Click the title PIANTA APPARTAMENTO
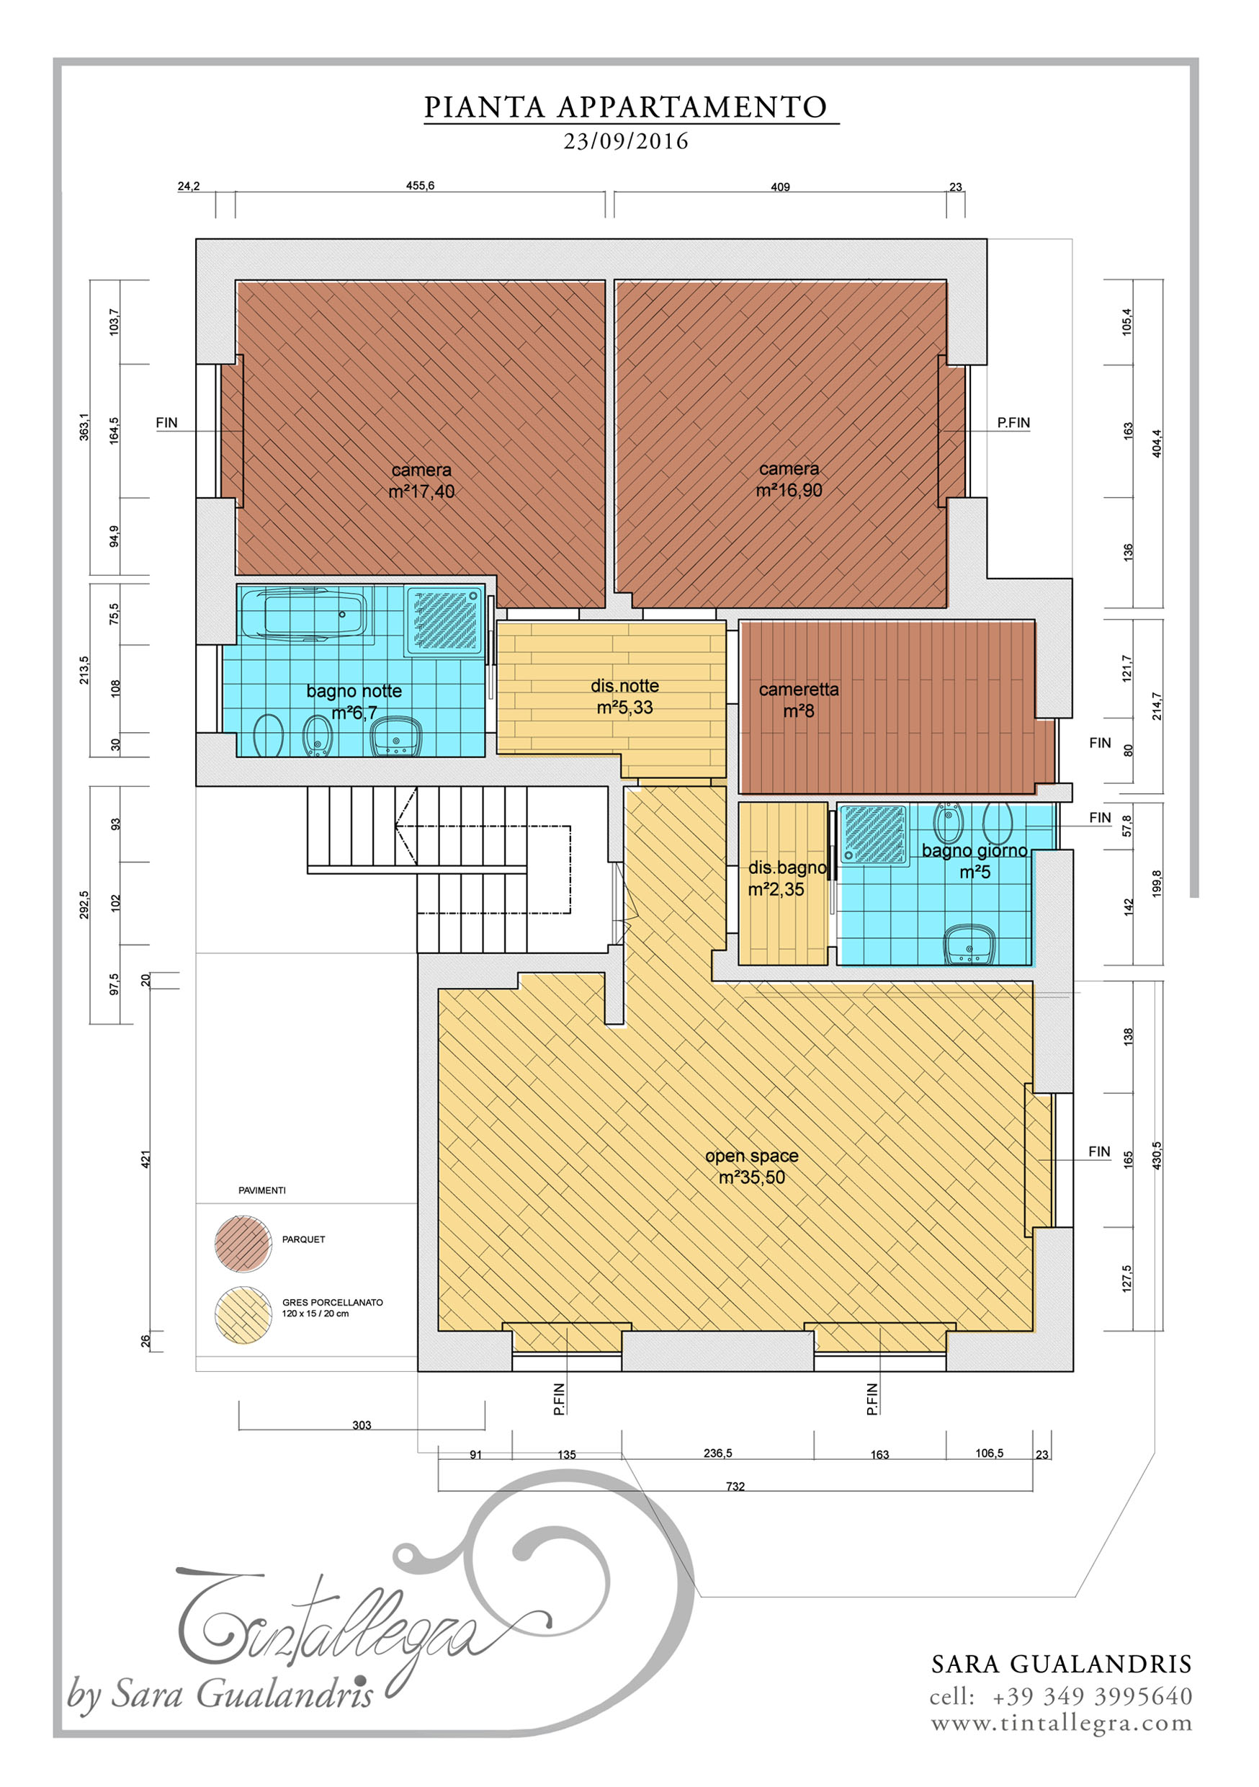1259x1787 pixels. coord(626,107)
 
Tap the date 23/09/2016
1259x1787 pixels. coord(627,142)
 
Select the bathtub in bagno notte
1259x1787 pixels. coord(303,614)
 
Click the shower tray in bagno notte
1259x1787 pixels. coord(444,620)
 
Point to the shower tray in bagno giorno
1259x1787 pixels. coord(875,834)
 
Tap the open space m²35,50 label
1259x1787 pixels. coord(752,1167)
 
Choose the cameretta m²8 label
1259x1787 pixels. coord(799,700)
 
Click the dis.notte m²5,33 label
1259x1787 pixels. coord(625,697)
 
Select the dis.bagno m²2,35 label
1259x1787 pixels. coord(787,878)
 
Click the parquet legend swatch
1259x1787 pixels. coord(243,1244)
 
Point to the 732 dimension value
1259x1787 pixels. coord(735,1487)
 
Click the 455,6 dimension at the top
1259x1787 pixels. coord(420,186)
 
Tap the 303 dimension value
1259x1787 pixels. coord(362,1425)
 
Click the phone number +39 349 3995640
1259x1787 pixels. coord(1093,1696)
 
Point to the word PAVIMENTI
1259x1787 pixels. coord(262,1191)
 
